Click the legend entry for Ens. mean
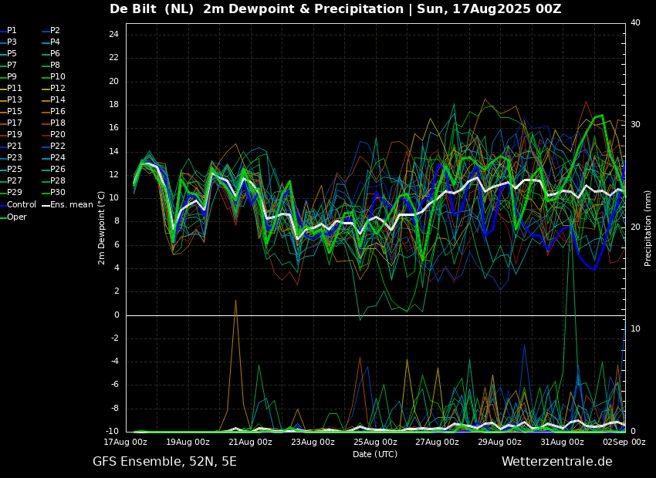point(72,205)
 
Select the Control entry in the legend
point(22,205)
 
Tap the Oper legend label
point(17,217)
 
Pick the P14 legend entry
point(58,100)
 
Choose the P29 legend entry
point(15,193)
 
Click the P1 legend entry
point(12,31)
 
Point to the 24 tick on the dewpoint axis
point(113,35)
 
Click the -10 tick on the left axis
point(111,432)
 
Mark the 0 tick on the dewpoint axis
point(116,315)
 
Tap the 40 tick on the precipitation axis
point(635,23)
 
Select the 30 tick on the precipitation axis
point(635,124)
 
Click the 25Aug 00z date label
point(375,443)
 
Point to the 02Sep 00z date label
point(624,443)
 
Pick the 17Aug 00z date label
point(126,443)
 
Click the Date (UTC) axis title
point(375,455)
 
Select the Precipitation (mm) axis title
point(648,227)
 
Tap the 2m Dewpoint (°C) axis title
point(102,227)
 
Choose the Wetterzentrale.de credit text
point(556,462)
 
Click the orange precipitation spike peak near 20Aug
point(235,300)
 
